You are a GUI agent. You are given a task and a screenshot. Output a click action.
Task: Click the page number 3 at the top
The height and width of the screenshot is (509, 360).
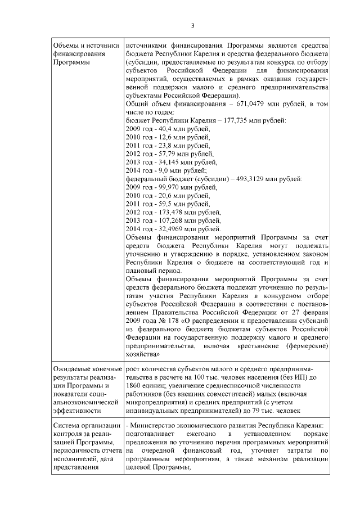click(x=192, y=25)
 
